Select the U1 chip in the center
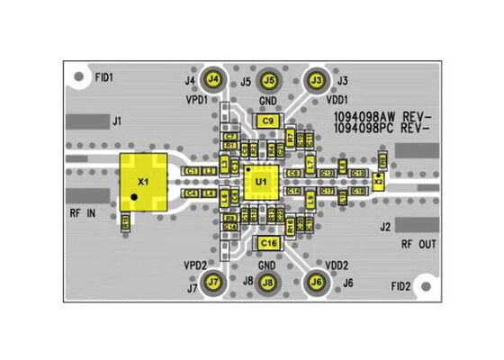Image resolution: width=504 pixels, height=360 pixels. (261, 184)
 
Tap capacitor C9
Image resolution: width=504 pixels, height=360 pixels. (267, 121)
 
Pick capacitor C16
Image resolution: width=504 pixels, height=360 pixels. (267, 243)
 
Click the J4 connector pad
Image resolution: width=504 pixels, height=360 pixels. (213, 79)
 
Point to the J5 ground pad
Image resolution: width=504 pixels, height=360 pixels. (267, 79)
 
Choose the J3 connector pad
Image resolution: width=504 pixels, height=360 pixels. (316, 79)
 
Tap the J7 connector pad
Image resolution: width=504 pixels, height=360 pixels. (213, 283)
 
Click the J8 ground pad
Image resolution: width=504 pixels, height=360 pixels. (267, 283)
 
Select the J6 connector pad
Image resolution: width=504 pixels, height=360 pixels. (316, 283)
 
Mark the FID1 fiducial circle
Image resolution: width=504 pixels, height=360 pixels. (80, 78)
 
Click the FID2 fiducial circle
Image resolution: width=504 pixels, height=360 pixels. (427, 286)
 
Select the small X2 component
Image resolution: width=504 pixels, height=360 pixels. (379, 182)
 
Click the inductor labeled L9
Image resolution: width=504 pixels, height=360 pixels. (310, 197)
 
